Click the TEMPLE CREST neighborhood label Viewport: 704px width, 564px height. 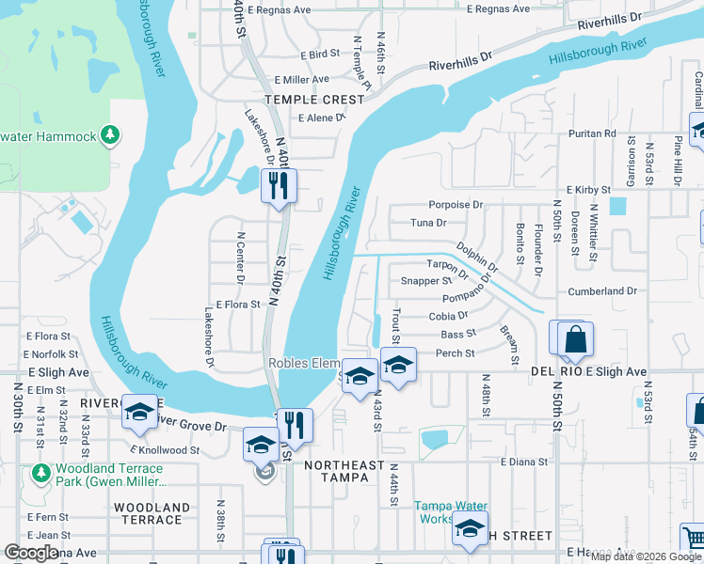coord(314,100)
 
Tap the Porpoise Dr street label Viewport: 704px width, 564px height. coord(455,204)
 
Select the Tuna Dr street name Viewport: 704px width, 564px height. coord(428,223)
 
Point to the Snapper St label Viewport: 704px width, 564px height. coord(426,280)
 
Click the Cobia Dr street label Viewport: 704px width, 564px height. coord(448,317)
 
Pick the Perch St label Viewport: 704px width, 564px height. coord(455,353)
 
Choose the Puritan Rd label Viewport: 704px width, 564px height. coord(591,134)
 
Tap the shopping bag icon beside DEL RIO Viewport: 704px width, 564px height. coord(575,339)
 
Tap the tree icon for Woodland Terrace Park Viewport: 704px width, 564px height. coord(40,470)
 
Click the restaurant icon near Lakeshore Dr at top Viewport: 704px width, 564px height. coord(280,185)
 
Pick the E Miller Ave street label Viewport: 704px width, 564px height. coord(301,80)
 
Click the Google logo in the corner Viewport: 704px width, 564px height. coord(31,553)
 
